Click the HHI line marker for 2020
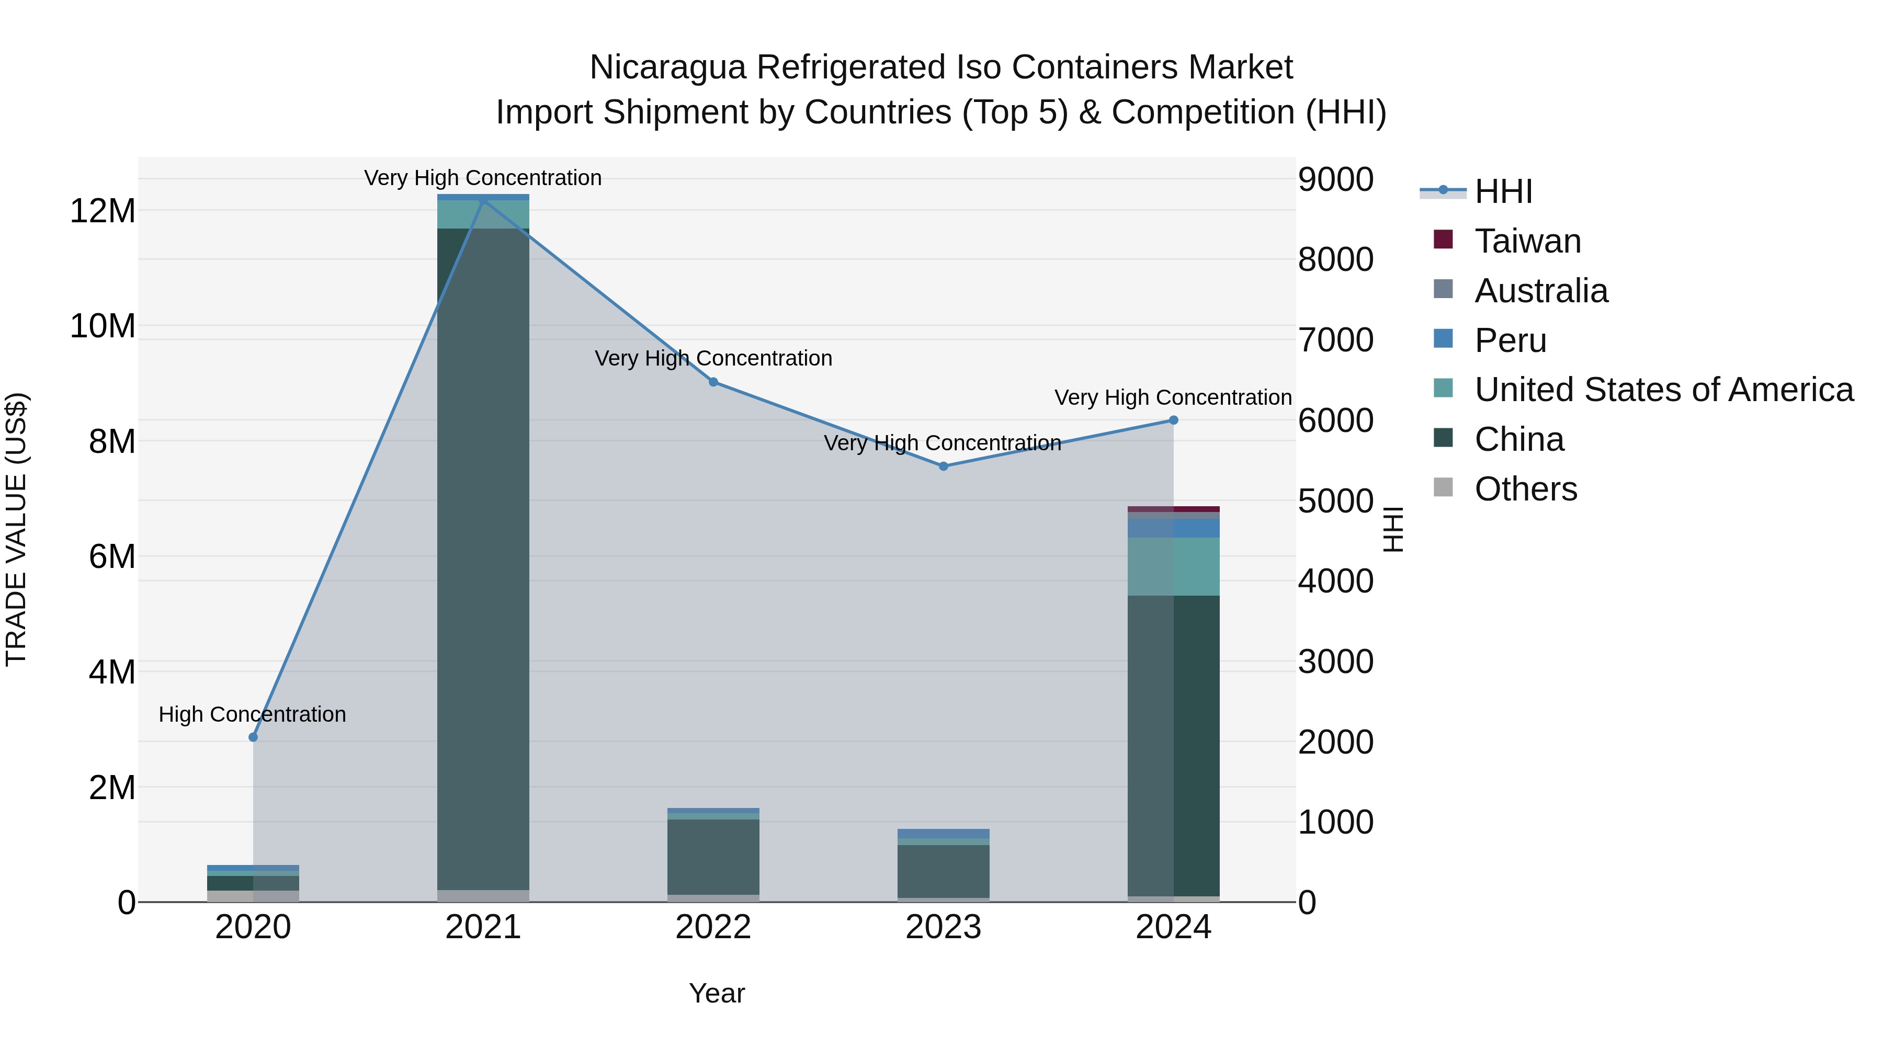coord(253,737)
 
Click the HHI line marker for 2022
coord(713,382)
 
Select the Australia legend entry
coord(1541,291)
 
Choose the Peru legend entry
coord(1510,340)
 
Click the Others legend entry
coord(1526,489)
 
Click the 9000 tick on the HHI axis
coord(1335,180)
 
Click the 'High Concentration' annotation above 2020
coord(252,714)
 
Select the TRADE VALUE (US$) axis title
coord(16,529)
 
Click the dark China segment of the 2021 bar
coord(483,555)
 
